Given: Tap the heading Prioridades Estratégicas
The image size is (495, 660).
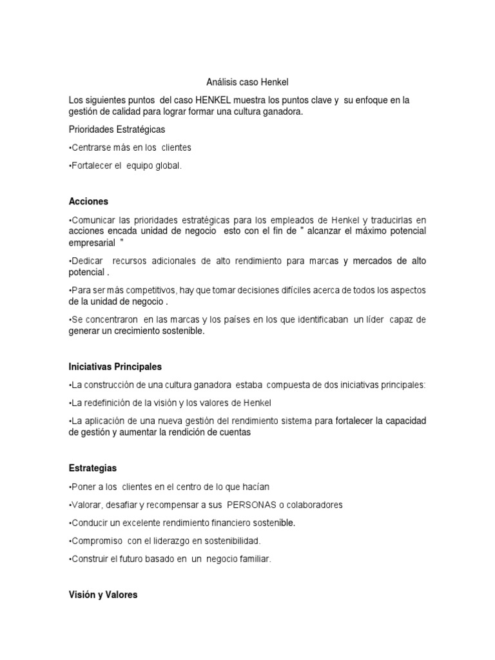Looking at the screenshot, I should coord(117,130).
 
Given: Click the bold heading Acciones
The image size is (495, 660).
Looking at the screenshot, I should coord(88,200).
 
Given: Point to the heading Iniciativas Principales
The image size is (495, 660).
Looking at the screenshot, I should coord(115,367).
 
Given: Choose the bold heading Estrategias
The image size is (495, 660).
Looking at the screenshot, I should coord(93,467).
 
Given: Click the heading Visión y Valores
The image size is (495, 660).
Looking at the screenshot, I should coord(103,595).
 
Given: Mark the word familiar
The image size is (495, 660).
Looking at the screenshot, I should coord(253,559).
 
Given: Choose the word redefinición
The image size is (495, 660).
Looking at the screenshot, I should coord(108,403).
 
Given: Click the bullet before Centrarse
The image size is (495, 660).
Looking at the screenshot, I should coord(70,148).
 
